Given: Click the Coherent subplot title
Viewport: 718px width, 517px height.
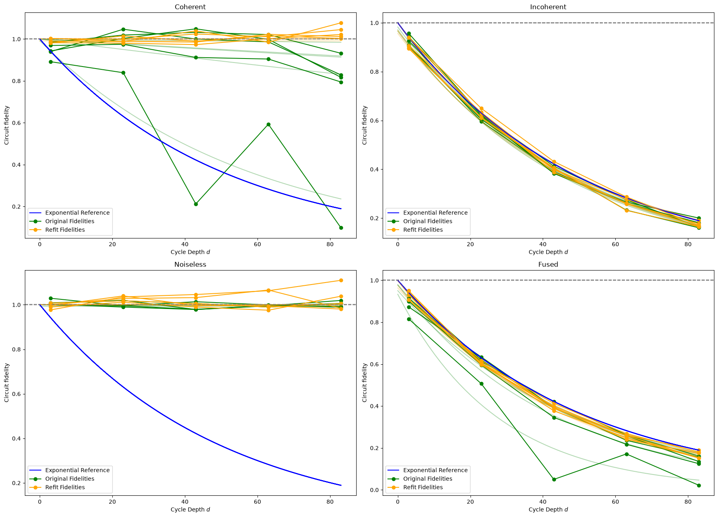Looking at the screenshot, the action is (190, 7).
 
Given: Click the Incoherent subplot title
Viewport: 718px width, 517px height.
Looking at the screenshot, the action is (548, 7).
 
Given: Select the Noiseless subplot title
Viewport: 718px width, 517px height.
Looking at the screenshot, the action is (190, 265).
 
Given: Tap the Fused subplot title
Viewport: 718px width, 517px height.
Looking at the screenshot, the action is (548, 265).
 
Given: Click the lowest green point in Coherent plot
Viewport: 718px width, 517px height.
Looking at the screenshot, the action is (341, 228).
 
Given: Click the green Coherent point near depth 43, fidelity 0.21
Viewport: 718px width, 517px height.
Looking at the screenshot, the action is (196, 204).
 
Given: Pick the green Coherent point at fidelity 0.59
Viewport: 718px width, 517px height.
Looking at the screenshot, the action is (268, 124).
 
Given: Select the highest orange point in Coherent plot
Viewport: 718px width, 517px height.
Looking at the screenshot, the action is (341, 23).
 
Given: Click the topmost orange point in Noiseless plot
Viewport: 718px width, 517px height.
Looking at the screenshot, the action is (341, 280).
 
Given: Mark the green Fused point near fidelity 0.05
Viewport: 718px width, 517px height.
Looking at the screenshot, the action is (554, 479).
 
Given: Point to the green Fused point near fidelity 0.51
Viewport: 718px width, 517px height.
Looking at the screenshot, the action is (481, 384).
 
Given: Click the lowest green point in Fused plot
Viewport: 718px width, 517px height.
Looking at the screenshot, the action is (699, 485).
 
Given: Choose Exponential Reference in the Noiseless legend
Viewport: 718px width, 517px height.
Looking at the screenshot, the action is (77, 470).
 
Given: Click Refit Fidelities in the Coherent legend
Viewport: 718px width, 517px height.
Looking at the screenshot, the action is (65, 230).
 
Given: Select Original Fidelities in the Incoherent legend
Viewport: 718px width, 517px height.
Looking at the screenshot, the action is (428, 221).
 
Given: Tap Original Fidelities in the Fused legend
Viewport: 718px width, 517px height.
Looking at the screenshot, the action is (428, 479).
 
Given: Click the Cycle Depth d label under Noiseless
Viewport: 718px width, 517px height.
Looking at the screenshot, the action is (190, 509).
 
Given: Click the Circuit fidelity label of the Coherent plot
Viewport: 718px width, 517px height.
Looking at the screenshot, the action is (7, 125).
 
